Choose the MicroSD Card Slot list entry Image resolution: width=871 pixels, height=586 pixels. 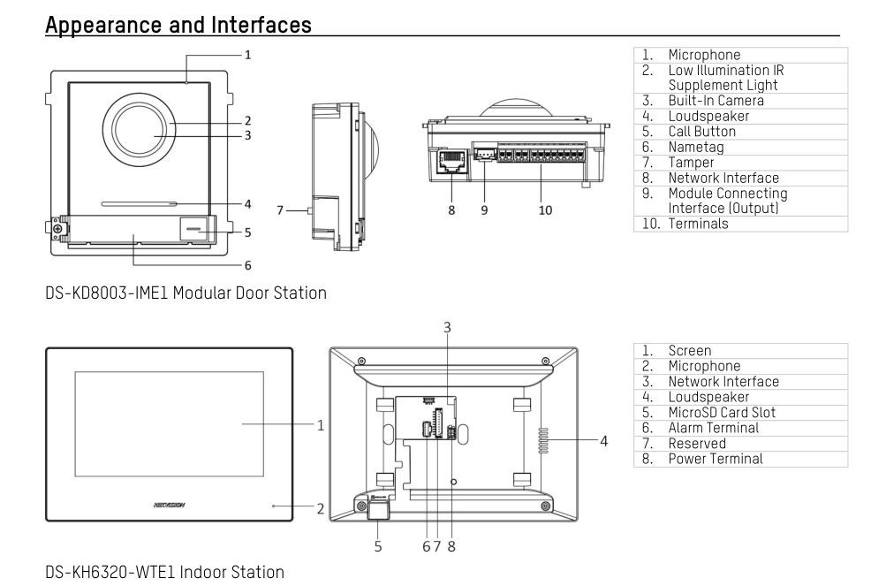click(x=723, y=412)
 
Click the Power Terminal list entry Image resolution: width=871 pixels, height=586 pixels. click(x=715, y=459)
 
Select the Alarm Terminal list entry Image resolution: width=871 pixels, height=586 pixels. click(x=713, y=428)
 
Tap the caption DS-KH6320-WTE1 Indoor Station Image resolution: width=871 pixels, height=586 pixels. click(x=164, y=572)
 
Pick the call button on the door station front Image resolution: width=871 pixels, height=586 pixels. click(x=192, y=229)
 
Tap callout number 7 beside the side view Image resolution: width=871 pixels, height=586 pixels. click(x=280, y=209)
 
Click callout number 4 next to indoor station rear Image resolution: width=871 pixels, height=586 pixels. click(x=602, y=439)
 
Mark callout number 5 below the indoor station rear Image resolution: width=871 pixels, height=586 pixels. click(x=378, y=545)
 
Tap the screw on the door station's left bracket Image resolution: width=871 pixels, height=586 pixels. click(x=57, y=230)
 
